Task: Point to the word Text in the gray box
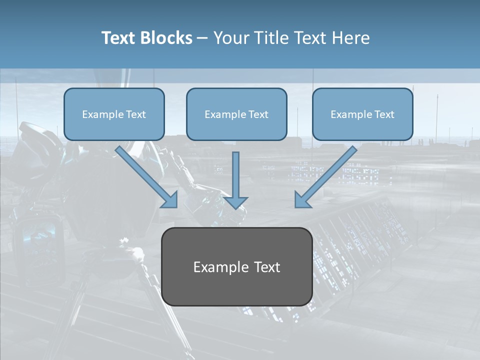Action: click(x=267, y=267)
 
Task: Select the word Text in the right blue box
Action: click(x=384, y=114)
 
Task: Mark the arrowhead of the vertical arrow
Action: click(x=235, y=202)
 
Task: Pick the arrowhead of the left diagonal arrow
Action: click(x=170, y=200)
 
